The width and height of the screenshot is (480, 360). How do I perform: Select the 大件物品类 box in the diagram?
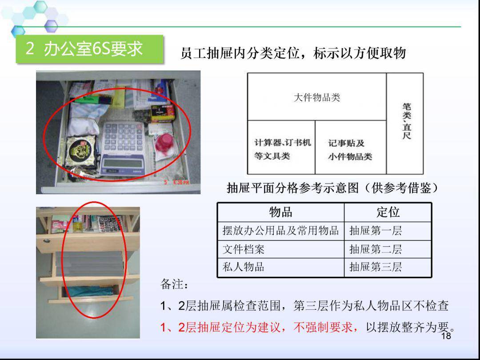[x=316, y=97]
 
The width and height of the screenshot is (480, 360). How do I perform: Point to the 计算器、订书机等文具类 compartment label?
[x=282, y=149]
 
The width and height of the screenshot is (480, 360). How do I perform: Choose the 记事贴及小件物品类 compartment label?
[x=350, y=150]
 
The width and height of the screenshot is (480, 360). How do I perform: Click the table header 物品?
[x=280, y=212]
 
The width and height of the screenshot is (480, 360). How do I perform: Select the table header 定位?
[x=388, y=212]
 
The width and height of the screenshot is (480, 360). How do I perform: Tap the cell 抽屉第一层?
[x=376, y=231]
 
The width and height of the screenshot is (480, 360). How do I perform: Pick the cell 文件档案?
[x=243, y=249]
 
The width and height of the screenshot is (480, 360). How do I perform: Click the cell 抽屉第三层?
[x=376, y=267]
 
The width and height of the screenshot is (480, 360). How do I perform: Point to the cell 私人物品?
[x=243, y=267]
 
